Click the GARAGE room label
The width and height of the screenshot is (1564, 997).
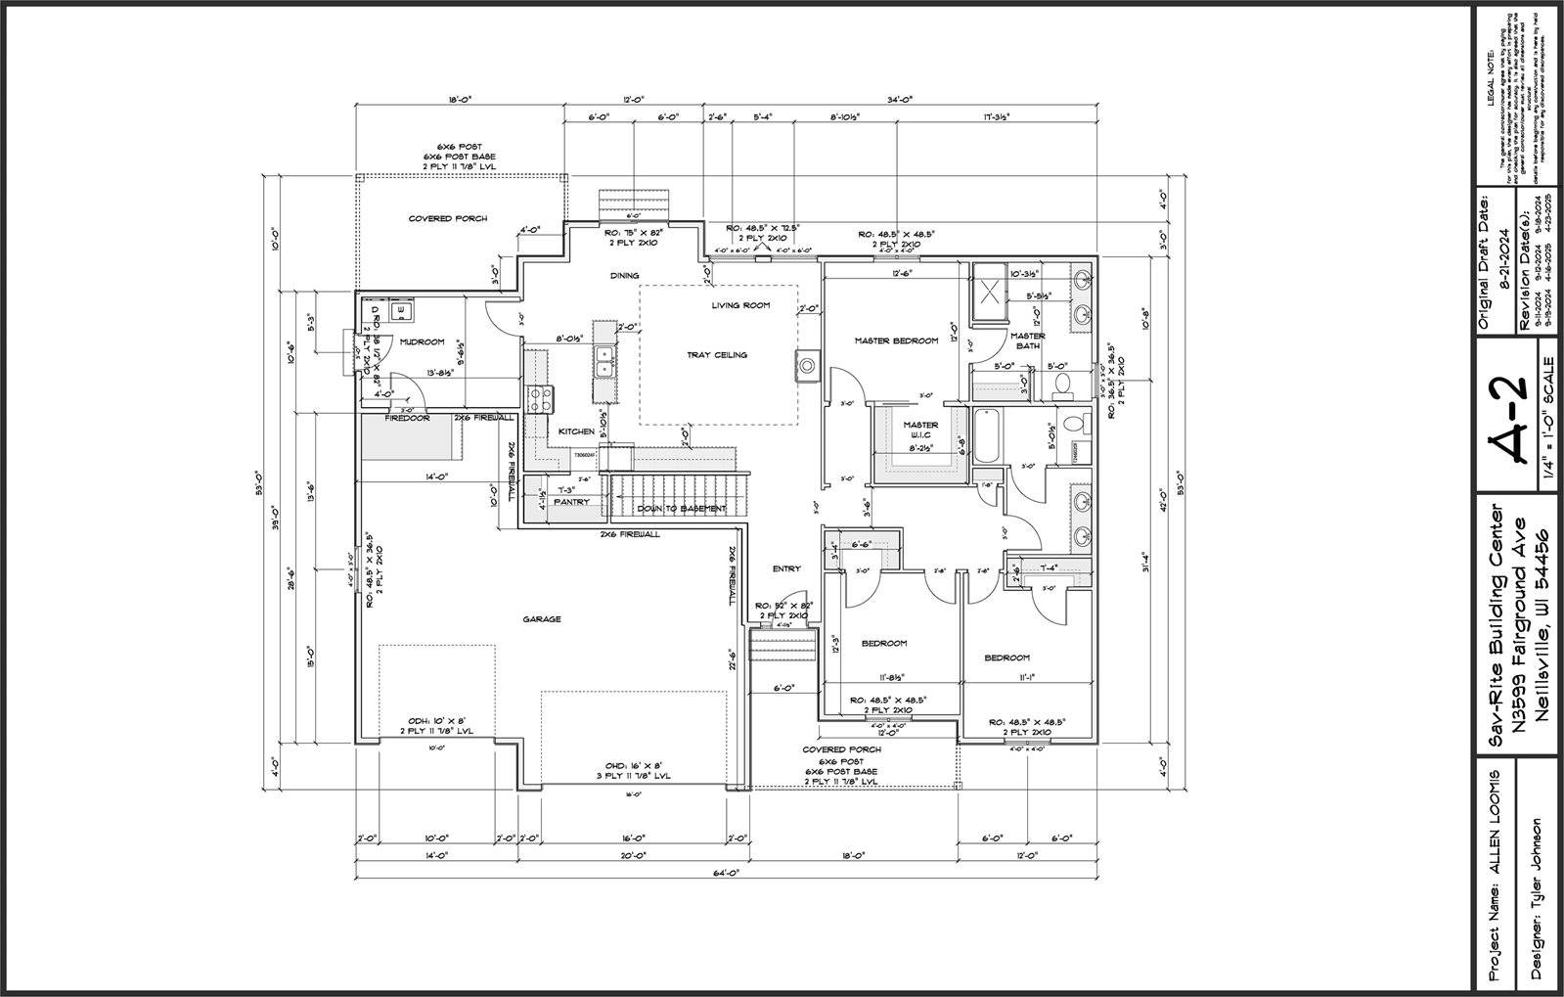(541, 618)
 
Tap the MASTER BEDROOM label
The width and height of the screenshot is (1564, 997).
(896, 340)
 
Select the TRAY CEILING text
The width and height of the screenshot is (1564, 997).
(717, 355)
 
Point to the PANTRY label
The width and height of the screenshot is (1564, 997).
(571, 502)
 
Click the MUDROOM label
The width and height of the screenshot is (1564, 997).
(423, 342)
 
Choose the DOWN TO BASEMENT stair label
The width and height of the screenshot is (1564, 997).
(682, 509)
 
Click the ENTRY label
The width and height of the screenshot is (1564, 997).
(786, 568)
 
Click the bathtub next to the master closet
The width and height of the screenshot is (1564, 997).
(984, 436)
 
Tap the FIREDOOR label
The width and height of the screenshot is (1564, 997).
(407, 418)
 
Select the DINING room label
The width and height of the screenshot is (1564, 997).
(624, 276)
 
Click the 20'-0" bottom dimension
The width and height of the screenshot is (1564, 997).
(633, 855)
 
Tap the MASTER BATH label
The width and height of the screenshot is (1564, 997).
(1028, 340)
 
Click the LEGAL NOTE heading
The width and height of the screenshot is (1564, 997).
(1490, 74)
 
